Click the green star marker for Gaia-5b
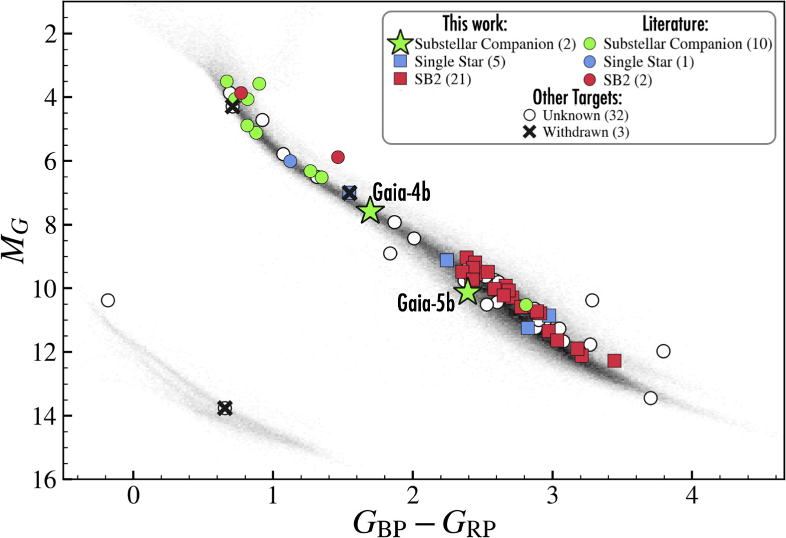(x=468, y=292)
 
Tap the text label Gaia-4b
(x=401, y=191)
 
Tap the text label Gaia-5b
(x=426, y=303)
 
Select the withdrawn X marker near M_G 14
(x=225, y=408)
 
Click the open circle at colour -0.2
(x=107, y=301)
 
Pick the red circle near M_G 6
(x=337, y=157)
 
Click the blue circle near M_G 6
(x=290, y=162)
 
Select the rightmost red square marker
(x=614, y=361)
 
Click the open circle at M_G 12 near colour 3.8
(x=663, y=351)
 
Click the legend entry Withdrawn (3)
(x=586, y=132)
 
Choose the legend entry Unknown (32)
(x=585, y=115)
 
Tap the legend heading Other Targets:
(x=577, y=97)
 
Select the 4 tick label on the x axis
(x=692, y=498)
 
